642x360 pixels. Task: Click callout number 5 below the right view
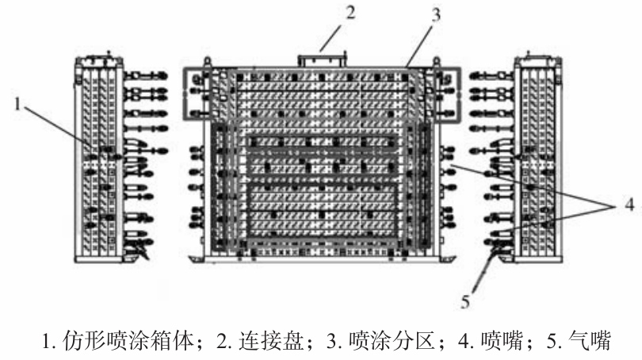click(468, 301)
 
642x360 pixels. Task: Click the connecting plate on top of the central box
click(321, 60)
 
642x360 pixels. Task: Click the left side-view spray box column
click(99, 159)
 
